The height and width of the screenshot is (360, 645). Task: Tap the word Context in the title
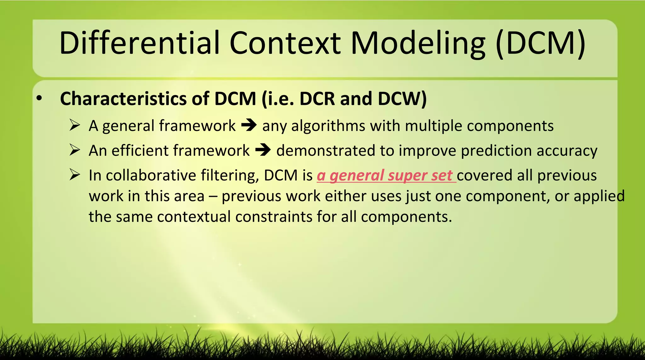[285, 43]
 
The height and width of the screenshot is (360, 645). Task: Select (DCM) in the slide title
[540, 43]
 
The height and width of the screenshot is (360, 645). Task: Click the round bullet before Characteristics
[39, 99]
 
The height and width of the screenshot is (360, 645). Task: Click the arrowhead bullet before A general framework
[75, 125]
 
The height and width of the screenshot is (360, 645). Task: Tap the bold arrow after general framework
[249, 125]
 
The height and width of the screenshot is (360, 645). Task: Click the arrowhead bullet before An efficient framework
[75, 150]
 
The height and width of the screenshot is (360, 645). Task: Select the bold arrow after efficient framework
[263, 150]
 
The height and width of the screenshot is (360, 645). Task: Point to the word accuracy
[567, 151]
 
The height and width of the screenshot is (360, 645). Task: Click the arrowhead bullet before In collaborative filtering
[75, 175]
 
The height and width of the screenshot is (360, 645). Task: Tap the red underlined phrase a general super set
[386, 176]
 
